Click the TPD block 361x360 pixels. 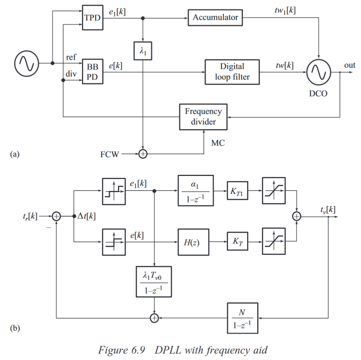pyautogui.click(x=93, y=17)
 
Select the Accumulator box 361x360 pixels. pyautogui.click(x=215, y=17)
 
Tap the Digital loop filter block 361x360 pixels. pyautogui.click(x=232, y=72)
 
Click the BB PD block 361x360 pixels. pyautogui.click(x=93, y=72)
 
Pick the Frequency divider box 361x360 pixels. pyautogui.click(x=203, y=116)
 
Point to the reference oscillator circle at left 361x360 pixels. pyautogui.click(x=26, y=63)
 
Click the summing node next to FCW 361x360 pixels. pyautogui.click(x=143, y=154)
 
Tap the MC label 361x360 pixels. pyautogui.click(x=218, y=143)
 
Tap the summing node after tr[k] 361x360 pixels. pyautogui.click(x=57, y=216)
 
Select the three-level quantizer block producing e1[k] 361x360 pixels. pyautogui.click(x=114, y=191)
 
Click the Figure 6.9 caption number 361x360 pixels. pyautogui.click(x=137, y=350)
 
